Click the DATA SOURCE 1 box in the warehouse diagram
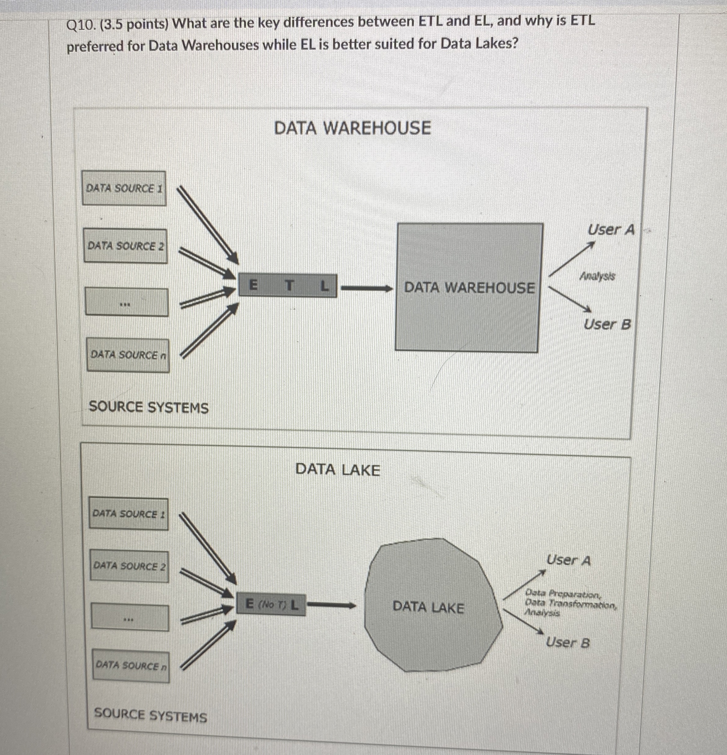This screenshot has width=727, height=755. tap(124, 188)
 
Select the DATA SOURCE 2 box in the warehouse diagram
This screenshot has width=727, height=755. tap(126, 246)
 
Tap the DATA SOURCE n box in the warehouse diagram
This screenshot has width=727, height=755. tap(128, 355)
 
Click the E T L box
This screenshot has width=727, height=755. tap(287, 285)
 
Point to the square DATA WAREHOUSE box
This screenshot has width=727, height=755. tap(469, 287)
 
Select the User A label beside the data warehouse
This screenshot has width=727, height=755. tap(611, 230)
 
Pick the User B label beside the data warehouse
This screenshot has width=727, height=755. tap(607, 324)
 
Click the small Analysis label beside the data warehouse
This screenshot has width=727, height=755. tap(598, 276)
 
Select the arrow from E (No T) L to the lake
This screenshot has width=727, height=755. tap(331, 606)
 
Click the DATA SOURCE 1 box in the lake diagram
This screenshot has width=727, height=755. tap(129, 514)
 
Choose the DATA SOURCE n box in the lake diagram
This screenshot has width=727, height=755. tap(131, 666)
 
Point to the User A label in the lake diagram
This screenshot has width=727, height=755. tap(568, 560)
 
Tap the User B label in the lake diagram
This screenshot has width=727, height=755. tap(568, 642)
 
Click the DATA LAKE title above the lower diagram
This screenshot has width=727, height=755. tap(338, 470)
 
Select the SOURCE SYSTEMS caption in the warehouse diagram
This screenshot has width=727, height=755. tap(149, 407)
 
